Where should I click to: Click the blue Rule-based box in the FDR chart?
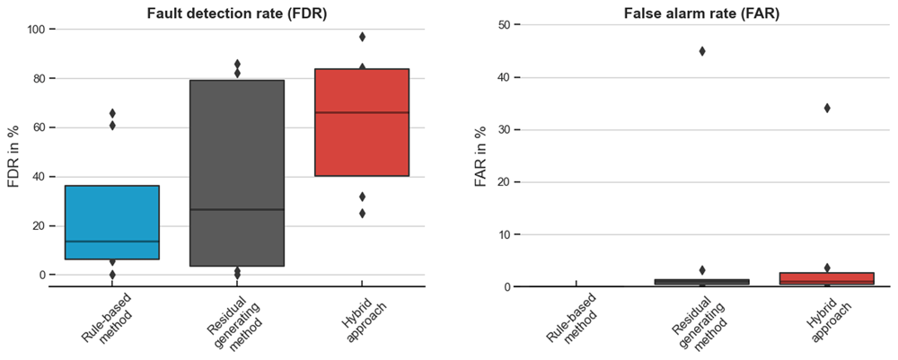[x=112, y=222]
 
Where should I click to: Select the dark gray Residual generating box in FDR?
[x=237, y=173]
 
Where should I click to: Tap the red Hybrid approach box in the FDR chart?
[x=362, y=122]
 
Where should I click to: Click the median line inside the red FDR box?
[x=362, y=113]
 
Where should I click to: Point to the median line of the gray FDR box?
[x=237, y=209]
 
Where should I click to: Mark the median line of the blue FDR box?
[x=112, y=241]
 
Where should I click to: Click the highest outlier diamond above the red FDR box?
[x=362, y=37]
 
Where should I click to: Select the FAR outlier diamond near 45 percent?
[x=686, y=51]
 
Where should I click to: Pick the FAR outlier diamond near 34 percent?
[x=827, y=108]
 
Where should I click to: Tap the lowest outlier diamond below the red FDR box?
[x=362, y=214]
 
